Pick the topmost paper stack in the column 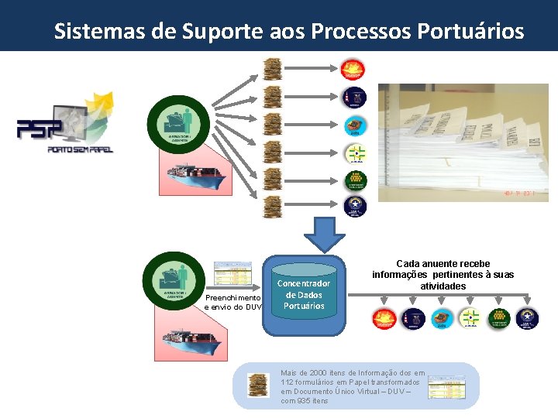[272, 69]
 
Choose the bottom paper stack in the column [272, 207]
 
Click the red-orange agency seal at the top [354, 70]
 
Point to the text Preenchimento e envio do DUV [232, 302]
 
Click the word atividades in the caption [443, 286]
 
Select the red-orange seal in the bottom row [384, 318]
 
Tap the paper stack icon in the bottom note [258, 385]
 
